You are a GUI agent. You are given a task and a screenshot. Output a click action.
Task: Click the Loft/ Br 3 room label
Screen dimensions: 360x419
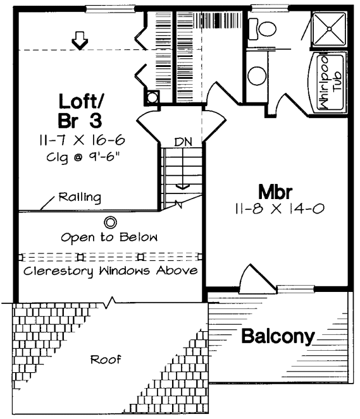(x=80, y=111)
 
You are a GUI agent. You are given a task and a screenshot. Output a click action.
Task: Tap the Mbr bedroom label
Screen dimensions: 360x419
(x=275, y=191)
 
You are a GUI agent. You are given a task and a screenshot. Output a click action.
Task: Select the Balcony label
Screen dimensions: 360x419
(x=278, y=336)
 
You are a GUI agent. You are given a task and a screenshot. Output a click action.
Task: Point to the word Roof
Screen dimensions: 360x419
(x=106, y=360)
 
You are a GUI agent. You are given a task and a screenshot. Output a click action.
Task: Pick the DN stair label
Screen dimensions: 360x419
(x=183, y=142)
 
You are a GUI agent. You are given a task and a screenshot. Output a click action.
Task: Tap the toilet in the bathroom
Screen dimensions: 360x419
(x=263, y=29)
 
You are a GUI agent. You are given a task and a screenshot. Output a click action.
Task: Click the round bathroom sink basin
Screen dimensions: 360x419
(x=257, y=76)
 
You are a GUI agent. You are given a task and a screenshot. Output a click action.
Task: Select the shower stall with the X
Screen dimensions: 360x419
(x=329, y=28)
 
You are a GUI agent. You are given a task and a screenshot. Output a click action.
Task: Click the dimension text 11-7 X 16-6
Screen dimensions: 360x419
(x=82, y=140)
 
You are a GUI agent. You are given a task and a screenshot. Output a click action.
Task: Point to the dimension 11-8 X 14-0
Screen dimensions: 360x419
(x=280, y=209)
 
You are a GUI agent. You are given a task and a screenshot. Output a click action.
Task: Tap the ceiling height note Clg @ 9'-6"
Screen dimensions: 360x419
(x=82, y=157)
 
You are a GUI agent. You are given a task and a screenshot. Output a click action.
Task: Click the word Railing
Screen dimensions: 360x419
(x=80, y=197)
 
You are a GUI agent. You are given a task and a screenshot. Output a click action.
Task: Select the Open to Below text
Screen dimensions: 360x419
(x=109, y=237)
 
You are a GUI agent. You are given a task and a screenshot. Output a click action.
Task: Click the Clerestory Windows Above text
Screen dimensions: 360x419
(x=111, y=271)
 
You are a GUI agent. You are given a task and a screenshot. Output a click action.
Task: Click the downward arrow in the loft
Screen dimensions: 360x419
(x=80, y=40)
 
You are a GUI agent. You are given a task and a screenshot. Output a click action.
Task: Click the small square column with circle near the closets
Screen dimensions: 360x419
(x=152, y=97)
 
